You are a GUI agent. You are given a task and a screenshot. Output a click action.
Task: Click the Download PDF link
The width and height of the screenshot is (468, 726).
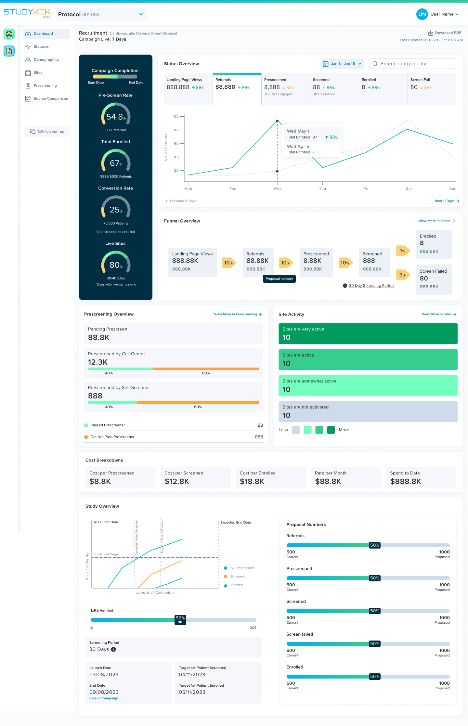point(445,33)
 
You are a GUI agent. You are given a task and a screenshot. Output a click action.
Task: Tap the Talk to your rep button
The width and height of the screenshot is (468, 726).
point(47,132)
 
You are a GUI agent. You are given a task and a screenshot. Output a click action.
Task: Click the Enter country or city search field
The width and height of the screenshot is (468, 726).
point(413,64)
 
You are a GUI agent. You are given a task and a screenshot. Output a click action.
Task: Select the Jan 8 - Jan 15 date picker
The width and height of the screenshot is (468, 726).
point(343,64)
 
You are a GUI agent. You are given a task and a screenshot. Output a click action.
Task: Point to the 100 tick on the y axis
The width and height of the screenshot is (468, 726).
point(175,116)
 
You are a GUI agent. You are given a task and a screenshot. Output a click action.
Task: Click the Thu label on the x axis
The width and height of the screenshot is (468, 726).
point(322,189)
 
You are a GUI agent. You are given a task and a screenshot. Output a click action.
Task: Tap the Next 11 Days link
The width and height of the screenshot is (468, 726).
point(447,201)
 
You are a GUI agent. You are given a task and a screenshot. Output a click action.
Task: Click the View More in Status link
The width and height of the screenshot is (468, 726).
point(436,221)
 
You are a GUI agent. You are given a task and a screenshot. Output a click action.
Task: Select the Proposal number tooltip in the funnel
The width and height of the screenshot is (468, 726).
point(279,279)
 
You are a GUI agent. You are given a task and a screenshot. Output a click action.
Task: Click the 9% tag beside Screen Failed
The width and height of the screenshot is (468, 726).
point(403,275)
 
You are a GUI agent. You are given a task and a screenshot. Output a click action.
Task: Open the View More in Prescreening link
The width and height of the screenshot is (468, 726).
point(238,314)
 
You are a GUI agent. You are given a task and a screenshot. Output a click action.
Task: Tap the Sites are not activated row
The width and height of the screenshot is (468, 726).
point(368,412)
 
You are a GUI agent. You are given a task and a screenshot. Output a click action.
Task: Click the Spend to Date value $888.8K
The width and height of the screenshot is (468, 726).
point(406,482)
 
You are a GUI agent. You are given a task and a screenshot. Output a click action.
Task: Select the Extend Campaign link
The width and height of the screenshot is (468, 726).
point(104,698)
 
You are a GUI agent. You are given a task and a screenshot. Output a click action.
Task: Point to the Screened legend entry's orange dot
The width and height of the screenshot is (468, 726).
point(226,577)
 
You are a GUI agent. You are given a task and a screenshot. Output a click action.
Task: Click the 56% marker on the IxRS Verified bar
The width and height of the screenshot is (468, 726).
point(180,620)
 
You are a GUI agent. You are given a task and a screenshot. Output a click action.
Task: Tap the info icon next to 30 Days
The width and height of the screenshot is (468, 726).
point(113,649)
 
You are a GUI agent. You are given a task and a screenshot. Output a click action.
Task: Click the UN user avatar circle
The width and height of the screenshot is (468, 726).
point(422,14)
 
